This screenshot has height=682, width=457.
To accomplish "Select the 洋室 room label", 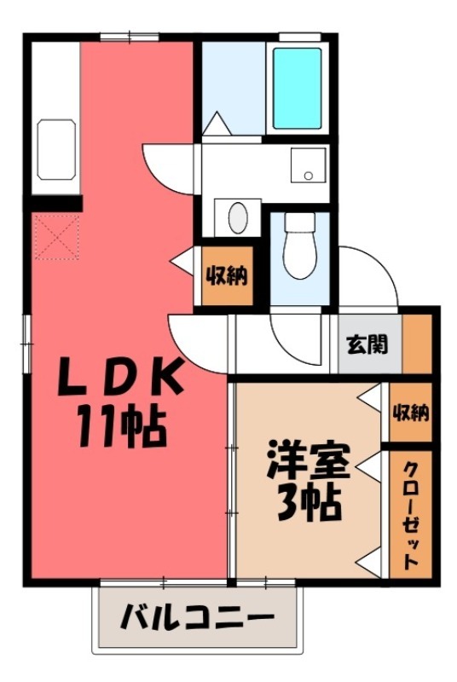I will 308,463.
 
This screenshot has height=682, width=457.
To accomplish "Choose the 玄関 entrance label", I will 367,344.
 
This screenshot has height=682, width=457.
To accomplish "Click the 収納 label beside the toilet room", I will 227,275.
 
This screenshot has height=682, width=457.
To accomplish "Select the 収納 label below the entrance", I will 411,413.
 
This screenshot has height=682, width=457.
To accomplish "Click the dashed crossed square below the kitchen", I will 55,238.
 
